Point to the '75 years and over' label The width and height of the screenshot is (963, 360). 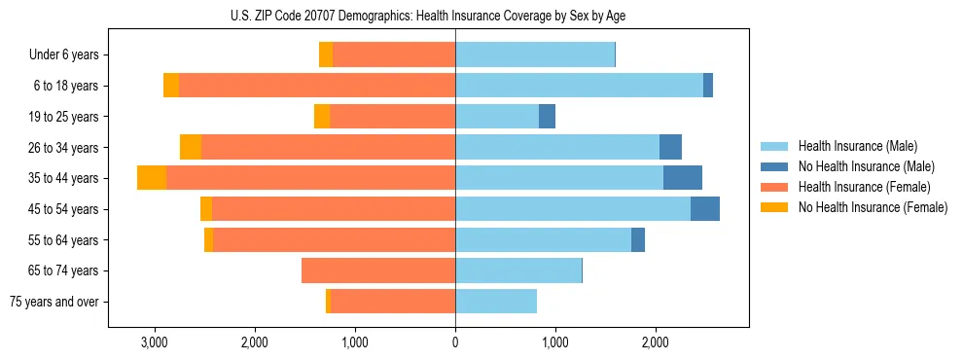point(54,302)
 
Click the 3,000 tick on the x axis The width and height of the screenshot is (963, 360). point(155,342)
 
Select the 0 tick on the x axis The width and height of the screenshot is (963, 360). point(455,342)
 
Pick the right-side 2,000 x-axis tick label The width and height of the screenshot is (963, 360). point(656,342)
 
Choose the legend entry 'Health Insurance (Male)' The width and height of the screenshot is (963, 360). point(857,146)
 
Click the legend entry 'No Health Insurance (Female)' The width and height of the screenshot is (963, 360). point(873,207)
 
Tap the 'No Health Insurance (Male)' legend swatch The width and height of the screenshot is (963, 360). point(774,166)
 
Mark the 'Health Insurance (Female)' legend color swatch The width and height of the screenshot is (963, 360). point(774,187)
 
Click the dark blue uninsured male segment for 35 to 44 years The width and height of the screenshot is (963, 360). point(683,178)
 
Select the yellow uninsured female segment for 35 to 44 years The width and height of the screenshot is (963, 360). point(152,178)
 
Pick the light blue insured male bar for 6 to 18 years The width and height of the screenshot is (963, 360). point(579,86)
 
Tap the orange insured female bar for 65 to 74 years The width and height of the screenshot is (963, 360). point(378,270)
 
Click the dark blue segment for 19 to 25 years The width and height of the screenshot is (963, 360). point(547,117)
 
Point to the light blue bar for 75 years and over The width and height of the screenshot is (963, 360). point(496,302)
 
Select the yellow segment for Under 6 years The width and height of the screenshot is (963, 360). point(326,55)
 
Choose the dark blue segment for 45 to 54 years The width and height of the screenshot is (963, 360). point(705,209)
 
